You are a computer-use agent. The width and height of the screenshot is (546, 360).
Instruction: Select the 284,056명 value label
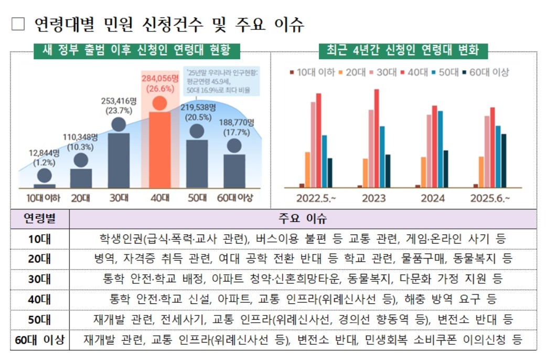tap(160, 78)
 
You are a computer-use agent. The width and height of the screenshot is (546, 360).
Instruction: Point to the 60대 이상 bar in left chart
tap(234, 171)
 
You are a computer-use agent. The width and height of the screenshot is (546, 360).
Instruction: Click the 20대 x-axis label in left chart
tap(80, 198)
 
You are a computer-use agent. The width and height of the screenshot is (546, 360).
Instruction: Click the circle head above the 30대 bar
tap(119, 124)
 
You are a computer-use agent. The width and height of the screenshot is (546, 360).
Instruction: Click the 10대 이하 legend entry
tap(312, 72)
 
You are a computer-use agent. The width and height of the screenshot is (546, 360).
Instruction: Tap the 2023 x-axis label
tap(374, 198)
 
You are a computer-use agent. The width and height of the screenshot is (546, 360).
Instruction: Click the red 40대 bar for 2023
tap(376, 138)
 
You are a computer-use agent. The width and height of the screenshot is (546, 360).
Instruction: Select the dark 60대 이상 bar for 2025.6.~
tap(504, 160)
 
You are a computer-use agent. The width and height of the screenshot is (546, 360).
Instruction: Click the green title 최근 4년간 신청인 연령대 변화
tap(403, 50)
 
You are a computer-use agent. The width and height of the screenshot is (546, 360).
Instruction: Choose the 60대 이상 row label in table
tap(40, 340)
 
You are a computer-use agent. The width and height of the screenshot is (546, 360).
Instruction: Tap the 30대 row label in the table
tap(40, 279)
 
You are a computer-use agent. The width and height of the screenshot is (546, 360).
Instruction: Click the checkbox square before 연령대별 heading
tap(18, 25)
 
